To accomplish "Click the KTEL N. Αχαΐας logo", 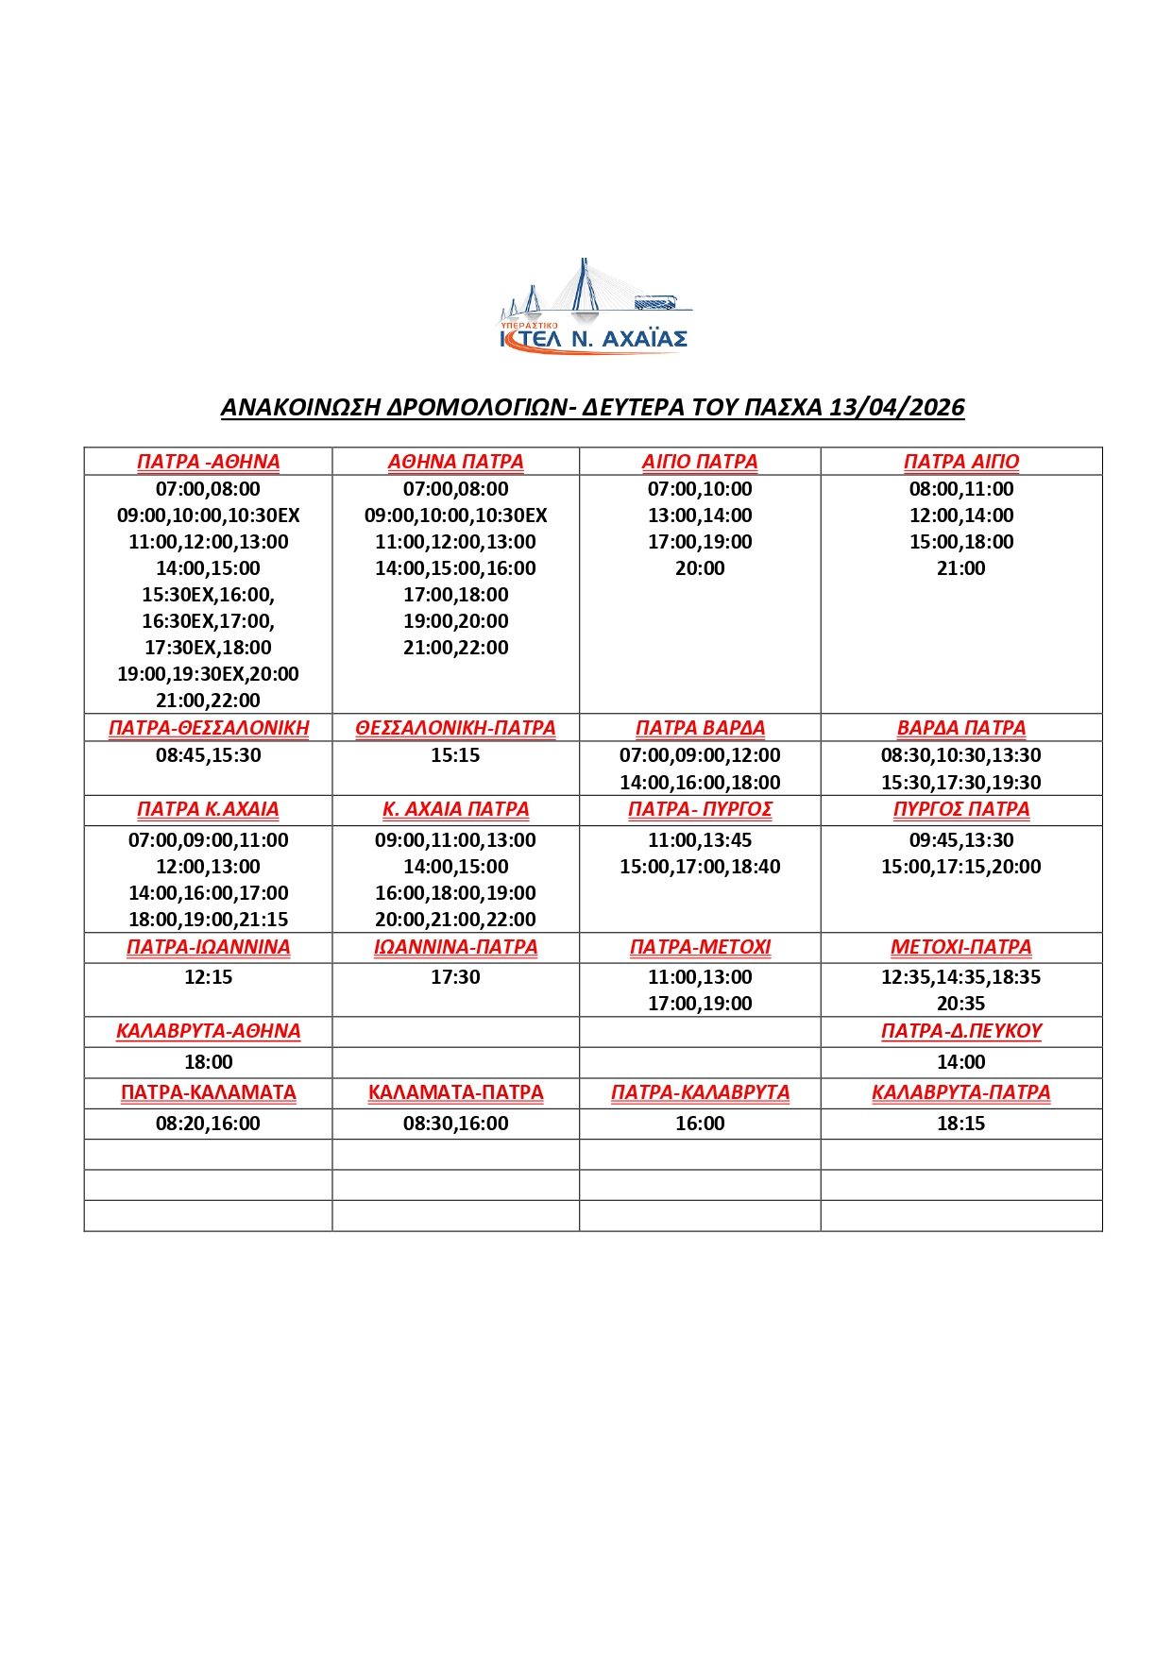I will tap(594, 308).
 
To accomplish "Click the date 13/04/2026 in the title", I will tap(896, 407).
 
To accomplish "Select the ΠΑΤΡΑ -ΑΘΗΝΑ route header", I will tap(208, 462).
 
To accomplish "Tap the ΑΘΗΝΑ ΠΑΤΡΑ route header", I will tap(455, 462).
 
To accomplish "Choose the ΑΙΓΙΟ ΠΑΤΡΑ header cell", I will tap(700, 462).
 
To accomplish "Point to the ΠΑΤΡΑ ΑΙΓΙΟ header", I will tap(961, 462).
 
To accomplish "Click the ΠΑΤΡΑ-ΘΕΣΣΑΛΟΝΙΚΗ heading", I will tap(209, 728).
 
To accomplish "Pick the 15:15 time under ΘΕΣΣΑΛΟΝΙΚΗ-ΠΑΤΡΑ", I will tap(455, 755).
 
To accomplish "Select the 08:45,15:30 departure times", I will tap(208, 755).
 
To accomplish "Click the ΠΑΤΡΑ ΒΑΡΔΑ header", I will tap(700, 728).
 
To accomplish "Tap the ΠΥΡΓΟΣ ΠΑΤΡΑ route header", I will tap(961, 809).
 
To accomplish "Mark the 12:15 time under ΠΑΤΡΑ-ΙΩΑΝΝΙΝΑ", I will tap(208, 977).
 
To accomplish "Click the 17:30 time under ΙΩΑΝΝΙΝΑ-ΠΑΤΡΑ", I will tap(455, 977).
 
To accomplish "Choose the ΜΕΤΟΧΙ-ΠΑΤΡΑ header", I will tap(961, 947).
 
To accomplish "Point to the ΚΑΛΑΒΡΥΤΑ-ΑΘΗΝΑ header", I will tap(208, 1031).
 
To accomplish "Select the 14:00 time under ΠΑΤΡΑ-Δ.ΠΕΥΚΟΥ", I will tap(961, 1062).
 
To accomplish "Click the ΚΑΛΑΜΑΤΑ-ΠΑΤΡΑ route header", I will tap(455, 1092).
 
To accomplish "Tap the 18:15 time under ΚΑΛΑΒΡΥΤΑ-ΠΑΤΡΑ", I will tap(961, 1124).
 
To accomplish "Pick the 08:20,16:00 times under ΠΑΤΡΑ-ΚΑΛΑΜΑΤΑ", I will tap(208, 1124).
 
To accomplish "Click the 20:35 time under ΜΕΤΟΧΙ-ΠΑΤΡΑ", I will tap(961, 1004).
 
